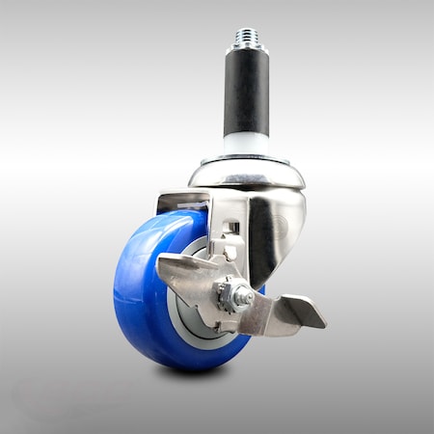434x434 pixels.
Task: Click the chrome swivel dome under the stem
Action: click(247, 175)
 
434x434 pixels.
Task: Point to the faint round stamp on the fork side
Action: click(281, 228)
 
